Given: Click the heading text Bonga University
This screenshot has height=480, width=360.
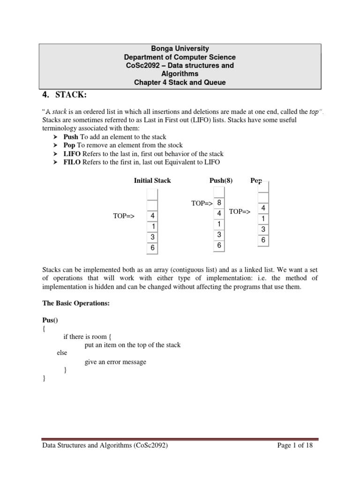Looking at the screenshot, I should (x=180, y=48).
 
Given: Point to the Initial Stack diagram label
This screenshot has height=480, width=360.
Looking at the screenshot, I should (x=152, y=180).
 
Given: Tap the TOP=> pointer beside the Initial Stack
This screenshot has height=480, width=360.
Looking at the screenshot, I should (x=124, y=216).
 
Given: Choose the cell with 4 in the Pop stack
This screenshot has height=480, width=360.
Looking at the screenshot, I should (x=263, y=208).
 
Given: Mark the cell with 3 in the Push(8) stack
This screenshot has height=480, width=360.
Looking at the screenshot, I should (x=219, y=234).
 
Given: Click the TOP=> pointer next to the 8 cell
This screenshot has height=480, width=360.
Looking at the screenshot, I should (x=202, y=203).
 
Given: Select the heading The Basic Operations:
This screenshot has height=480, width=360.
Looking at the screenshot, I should (x=76, y=303).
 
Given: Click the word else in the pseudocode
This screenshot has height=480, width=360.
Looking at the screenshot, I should (x=62, y=353).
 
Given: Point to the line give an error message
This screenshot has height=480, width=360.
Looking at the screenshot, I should (x=115, y=361).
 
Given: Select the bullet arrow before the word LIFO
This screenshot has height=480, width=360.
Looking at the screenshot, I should (x=54, y=154).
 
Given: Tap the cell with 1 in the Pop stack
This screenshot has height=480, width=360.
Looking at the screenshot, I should (x=263, y=218).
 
